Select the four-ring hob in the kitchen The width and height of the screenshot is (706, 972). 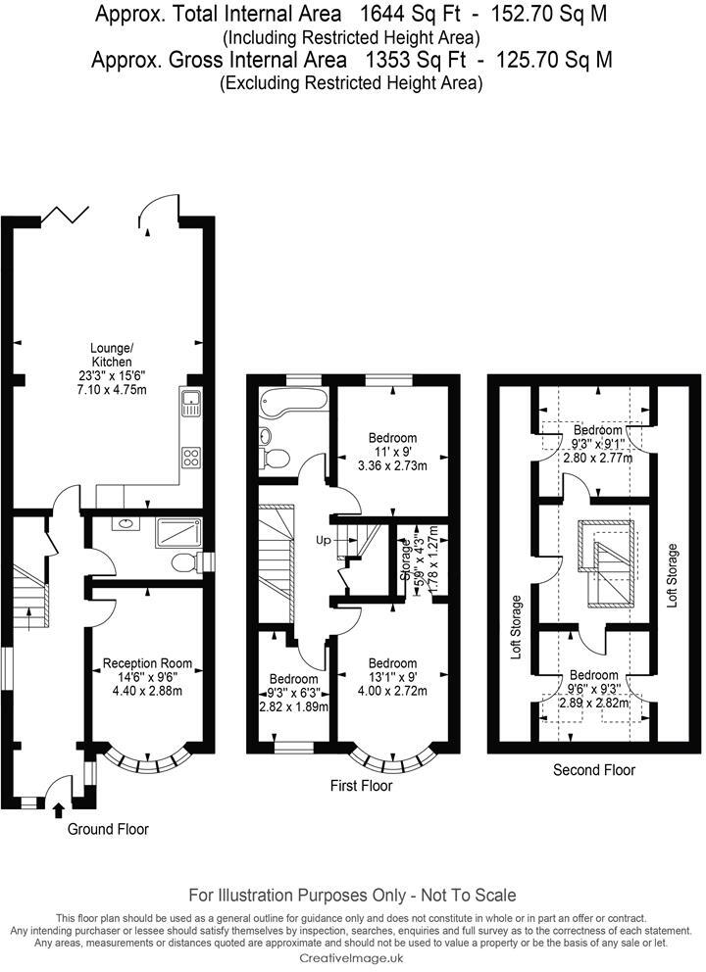(190, 457)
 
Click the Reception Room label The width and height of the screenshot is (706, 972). (147, 663)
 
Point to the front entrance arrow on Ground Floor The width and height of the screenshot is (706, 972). (58, 809)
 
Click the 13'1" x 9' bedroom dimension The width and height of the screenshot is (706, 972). (392, 677)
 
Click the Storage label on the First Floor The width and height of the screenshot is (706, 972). (404, 559)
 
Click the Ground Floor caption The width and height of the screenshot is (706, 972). (108, 829)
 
